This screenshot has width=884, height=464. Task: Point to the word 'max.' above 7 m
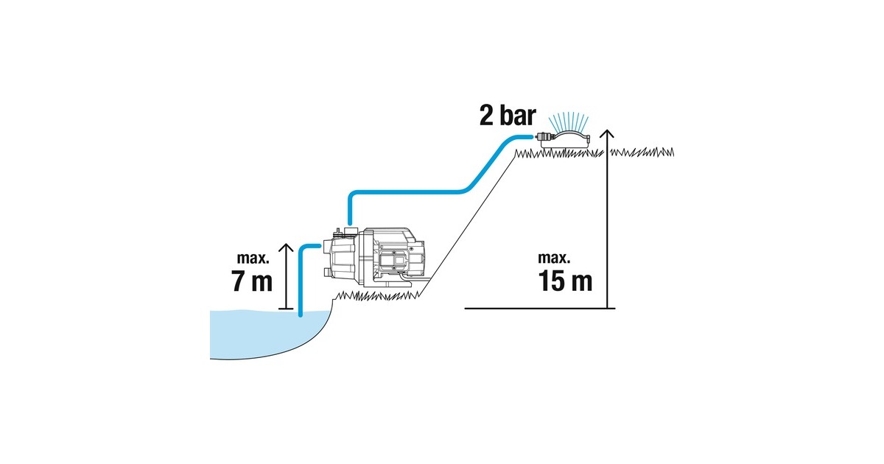click(254, 259)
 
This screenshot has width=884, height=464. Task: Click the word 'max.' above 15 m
click(555, 259)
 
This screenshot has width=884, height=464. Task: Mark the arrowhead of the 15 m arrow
click(606, 133)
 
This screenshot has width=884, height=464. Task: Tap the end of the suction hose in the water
click(301, 313)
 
